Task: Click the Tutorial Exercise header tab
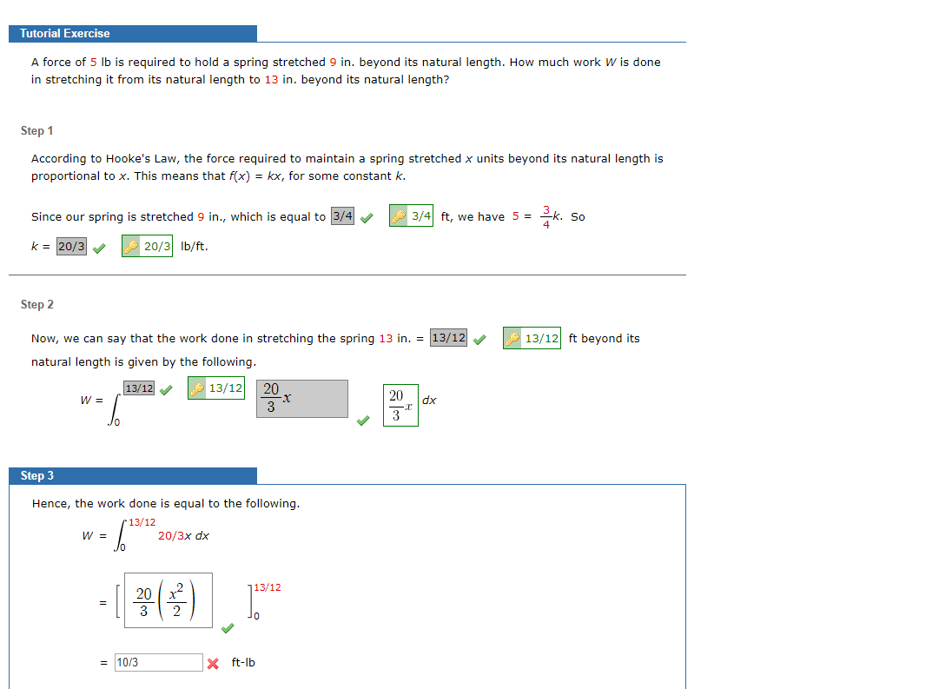[65, 33]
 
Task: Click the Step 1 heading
[36, 130]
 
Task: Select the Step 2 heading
[36, 304]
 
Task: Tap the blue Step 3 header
[37, 475]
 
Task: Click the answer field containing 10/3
[158, 662]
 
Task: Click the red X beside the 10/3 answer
[213, 663]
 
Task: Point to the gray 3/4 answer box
[342, 216]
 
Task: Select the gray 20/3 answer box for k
[71, 246]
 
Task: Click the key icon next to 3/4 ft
[400, 216]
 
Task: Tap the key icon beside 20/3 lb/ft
[131, 246]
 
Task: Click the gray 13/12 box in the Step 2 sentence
[448, 338]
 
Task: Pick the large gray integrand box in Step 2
[301, 398]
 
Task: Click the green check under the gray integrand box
[363, 421]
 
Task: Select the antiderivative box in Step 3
[168, 600]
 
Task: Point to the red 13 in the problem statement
[271, 79]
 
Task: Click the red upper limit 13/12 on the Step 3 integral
[142, 522]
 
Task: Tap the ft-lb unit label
[243, 662]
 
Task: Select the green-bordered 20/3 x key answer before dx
[400, 405]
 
